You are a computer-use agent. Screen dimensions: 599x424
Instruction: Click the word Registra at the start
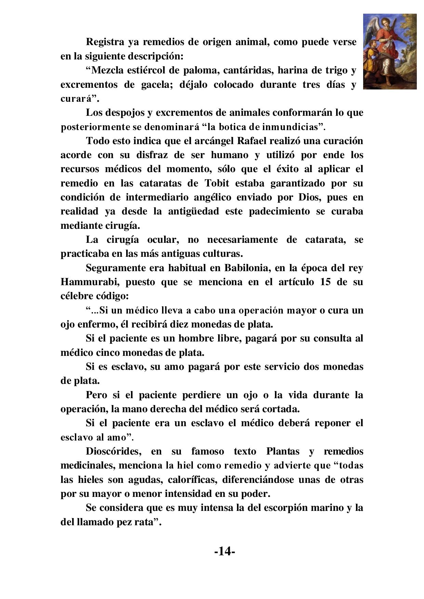click(105, 42)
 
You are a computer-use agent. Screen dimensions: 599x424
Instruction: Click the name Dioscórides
click(113, 451)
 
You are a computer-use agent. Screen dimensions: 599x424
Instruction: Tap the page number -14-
click(224, 551)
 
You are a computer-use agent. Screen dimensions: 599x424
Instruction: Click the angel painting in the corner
click(389, 52)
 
